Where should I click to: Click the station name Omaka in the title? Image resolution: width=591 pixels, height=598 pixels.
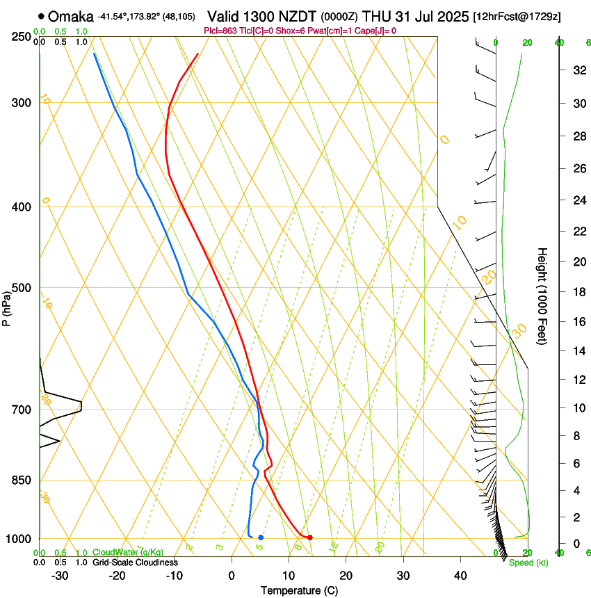pyautogui.click(x=70, y=16)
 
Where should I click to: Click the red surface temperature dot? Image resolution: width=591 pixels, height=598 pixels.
pyautogui.click(x=309, y=537)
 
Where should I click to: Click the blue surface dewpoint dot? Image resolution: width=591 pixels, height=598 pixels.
pyautogui.click(x=260, y=537)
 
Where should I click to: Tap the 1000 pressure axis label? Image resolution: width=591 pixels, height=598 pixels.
pyautogui.click(x=19, y=539)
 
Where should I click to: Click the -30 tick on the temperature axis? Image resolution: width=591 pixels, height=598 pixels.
pyautogui.click(x=60, y=576)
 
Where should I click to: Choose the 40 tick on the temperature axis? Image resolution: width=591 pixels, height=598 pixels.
pyautogui.click(x=460, y=576)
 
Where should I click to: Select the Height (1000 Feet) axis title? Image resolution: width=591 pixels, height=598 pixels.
pyautogui.click(x=542, y=296)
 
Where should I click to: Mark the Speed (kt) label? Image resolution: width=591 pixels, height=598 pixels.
pyautogui.click(x=528, y=563)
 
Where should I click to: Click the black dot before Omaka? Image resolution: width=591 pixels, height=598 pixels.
pyautogui.click(x=42, y=16)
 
